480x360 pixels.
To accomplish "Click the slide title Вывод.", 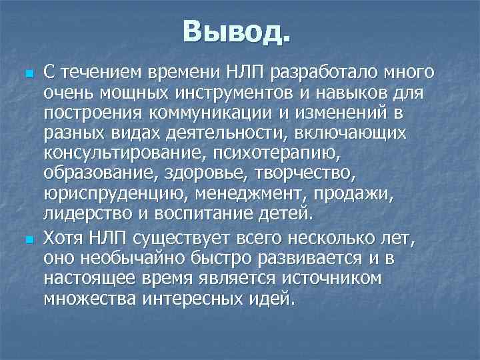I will (237, 31).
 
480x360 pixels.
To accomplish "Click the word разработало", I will (313, 71).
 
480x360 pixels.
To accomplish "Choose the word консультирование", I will (125, 154).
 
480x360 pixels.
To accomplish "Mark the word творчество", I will (313, 175).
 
